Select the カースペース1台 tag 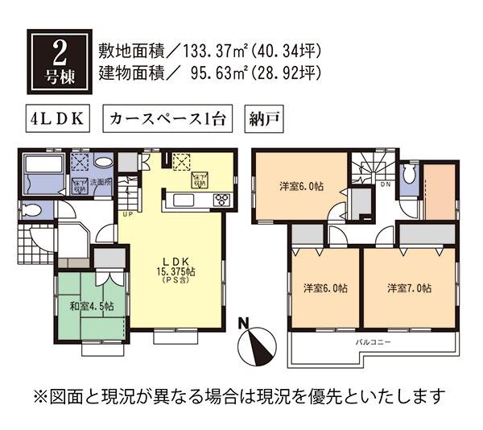(x=167, y=119)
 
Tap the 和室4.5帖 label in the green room (x=91, y=306)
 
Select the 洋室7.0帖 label (x=409, y=287)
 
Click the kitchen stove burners (x=219, y=199)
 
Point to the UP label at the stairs (x=127, y=215)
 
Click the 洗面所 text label (x=101, y=182)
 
